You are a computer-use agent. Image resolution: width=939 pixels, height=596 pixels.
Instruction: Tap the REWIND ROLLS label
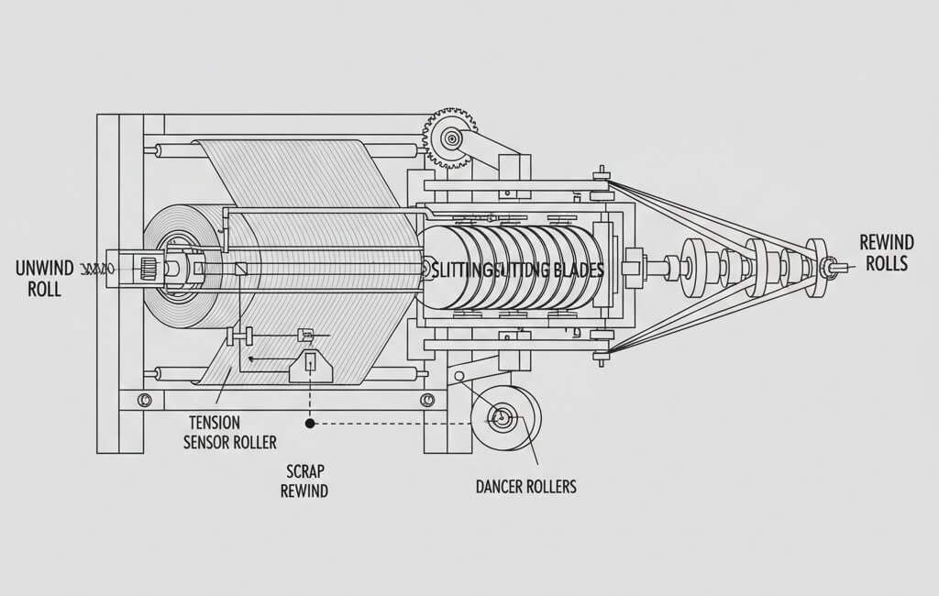[x=886, y=252]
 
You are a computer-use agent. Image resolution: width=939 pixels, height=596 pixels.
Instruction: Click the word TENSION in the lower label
[x=214, y=423]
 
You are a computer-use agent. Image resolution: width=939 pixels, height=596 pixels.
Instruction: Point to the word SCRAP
[x=303, y=471]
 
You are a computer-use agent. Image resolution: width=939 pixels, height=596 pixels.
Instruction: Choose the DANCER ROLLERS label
[x=525, y=486]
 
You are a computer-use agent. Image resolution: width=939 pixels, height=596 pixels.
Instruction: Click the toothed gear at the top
[x=450, y=138]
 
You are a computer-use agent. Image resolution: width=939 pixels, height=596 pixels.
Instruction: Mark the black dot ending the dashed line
[x=310, y=424]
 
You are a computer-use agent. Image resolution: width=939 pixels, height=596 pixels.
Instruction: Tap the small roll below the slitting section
[x=505, y=418]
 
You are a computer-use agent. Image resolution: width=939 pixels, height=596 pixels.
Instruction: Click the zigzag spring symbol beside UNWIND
[x=97, y=269]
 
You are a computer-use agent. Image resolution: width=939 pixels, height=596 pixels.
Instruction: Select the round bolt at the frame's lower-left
[x=145, y=401]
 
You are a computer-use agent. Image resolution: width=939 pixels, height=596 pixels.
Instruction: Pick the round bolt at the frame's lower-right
[x=426, y=400]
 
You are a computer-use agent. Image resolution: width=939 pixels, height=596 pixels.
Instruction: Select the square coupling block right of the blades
[x=630, y=269]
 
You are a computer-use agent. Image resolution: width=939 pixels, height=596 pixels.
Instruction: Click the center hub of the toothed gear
[x=450, y=138]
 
